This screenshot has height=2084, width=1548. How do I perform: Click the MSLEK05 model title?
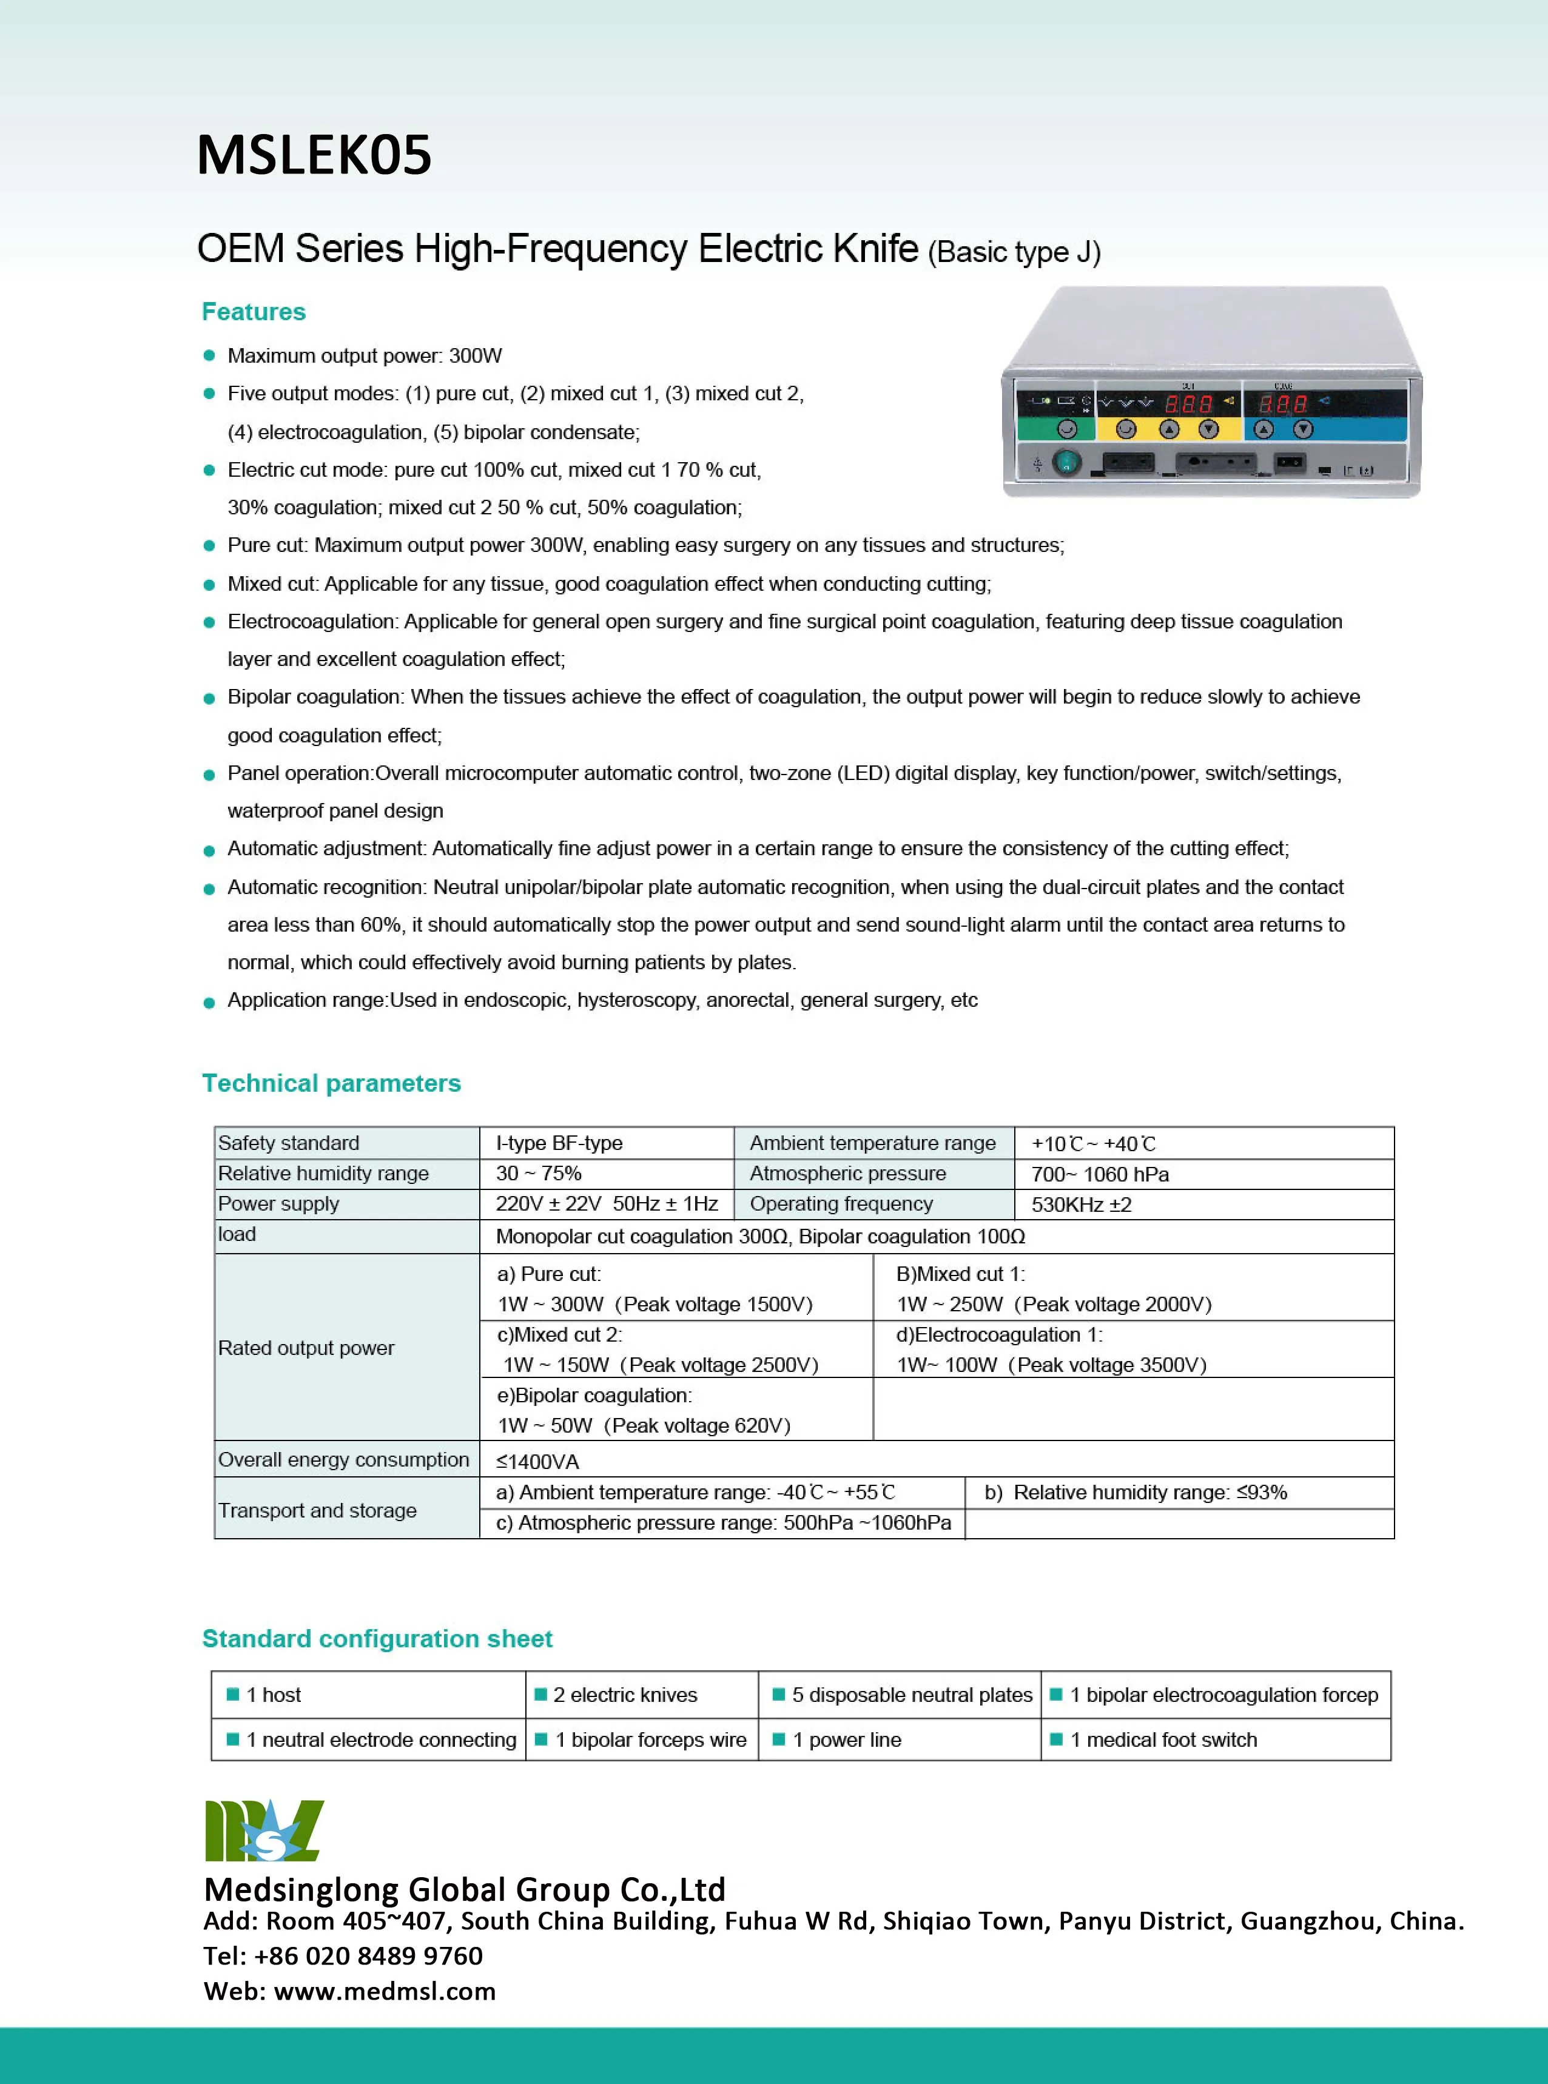(x=314, y=155)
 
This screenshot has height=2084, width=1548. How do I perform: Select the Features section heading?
(x=254, y=312)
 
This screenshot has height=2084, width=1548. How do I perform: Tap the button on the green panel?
(x=1066, y=429)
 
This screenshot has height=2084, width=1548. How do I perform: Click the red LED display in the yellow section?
(x=1188, y=404)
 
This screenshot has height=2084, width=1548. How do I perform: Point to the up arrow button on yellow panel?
(x=1168, y=429)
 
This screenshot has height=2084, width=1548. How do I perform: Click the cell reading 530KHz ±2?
(x=1082, y=1204)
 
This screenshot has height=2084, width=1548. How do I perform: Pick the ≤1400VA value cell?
(x=538, y=1461)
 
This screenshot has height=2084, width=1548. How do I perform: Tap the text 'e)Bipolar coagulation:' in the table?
(x=594, y=1395)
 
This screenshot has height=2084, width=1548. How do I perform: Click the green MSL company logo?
(x=264, y=1830)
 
